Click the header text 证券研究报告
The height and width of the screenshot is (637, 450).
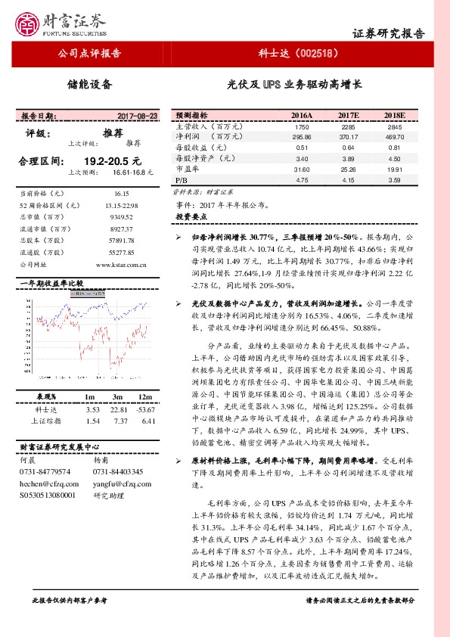pyautogui.click(x=389, y=33)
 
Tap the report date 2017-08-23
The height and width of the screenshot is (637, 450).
pyautogui.click(x=138, y=116)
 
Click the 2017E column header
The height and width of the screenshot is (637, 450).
pyautogui.click(x=348, y=115)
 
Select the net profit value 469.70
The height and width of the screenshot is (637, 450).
pyautogui.click(x=394, y=137)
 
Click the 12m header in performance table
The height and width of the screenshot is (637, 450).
pyautogui.click(x=143, y=397)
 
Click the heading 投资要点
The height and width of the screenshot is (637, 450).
pyautogui.click(x=190, y=216)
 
